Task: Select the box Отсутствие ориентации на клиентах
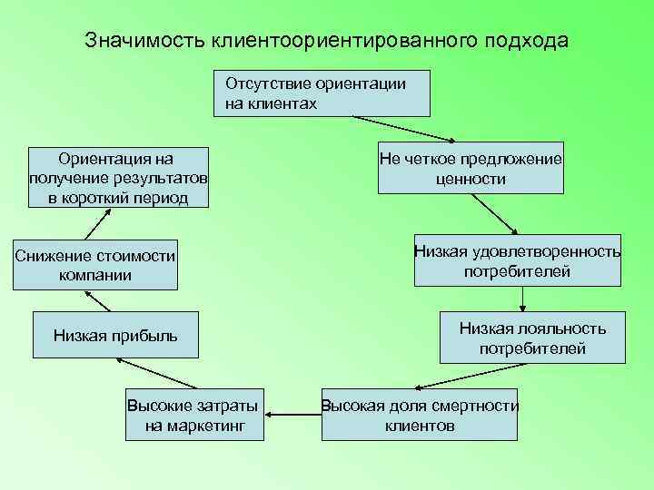coord(322,93)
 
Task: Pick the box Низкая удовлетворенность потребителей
coord(517,260)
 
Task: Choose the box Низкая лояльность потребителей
coord(532,338)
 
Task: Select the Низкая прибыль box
coord(115,338)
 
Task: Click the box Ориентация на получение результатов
coord(118,178)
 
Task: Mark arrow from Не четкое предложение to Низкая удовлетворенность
coord(496,214)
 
